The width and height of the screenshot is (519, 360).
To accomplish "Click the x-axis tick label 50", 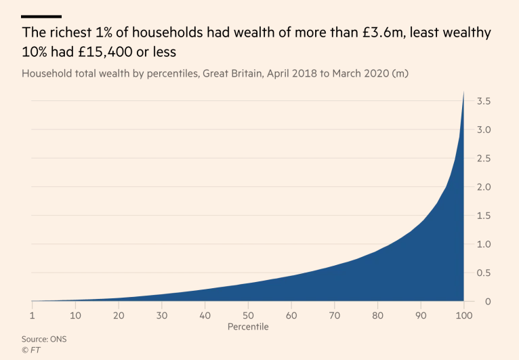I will point(248,315).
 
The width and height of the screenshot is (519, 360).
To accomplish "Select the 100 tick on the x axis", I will point(463,315).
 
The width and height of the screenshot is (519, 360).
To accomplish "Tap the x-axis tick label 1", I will point(33,315).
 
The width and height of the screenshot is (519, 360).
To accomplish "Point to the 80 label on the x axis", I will point(377,315).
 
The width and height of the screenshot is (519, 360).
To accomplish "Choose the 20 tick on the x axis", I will point(119,315).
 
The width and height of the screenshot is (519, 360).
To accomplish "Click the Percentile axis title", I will point(248,327).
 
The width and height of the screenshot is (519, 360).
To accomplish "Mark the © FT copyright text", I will point(31,350).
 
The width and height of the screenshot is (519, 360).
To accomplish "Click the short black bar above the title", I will point(41,16).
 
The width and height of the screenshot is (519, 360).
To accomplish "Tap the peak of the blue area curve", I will point(463,92).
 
